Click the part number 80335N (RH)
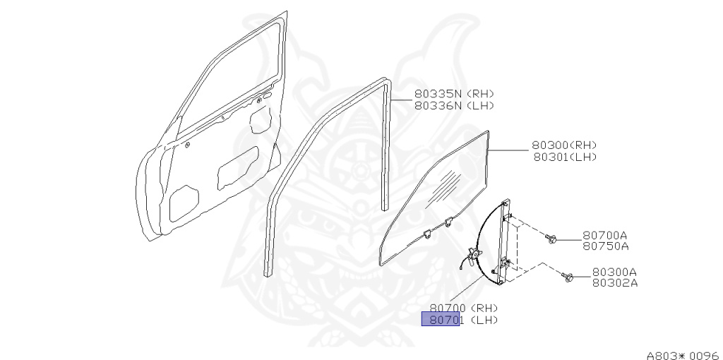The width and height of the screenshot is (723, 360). click(454, 94)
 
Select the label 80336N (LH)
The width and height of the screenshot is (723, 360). click(454, 105)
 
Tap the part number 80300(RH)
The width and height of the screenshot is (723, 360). click(564, 145)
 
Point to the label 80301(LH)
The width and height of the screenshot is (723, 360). click(564, 157)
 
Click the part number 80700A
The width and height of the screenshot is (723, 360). click(605, 235)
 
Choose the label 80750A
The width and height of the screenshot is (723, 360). click(605, 246)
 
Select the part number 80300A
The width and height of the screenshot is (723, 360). click(614, 272)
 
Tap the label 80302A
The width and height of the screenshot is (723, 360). click(614, 283)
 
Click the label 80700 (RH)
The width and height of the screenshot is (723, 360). click(464, 308)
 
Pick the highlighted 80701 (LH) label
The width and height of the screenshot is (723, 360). click(441, 320)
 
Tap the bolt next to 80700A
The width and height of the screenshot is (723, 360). click(553, 240)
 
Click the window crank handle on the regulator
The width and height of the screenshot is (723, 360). click(474, 254)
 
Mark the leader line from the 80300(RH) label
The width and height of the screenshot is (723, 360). click(510, 150)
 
